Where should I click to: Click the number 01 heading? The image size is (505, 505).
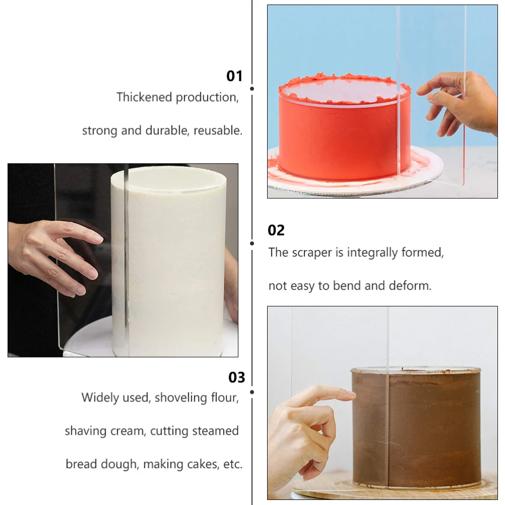click(x=234, y=76)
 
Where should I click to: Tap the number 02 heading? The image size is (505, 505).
click(x=276, y=230)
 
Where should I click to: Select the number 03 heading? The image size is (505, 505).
click(x=236, y=378)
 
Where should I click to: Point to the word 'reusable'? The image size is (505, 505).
click(x=218, y=130)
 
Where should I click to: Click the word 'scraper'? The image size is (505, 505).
click(x=312, y=252)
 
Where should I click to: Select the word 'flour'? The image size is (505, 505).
click(x=224, y=397)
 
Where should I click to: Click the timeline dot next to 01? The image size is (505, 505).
click(x=252, y=88)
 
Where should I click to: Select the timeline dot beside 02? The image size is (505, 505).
click(x=252, y=243)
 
